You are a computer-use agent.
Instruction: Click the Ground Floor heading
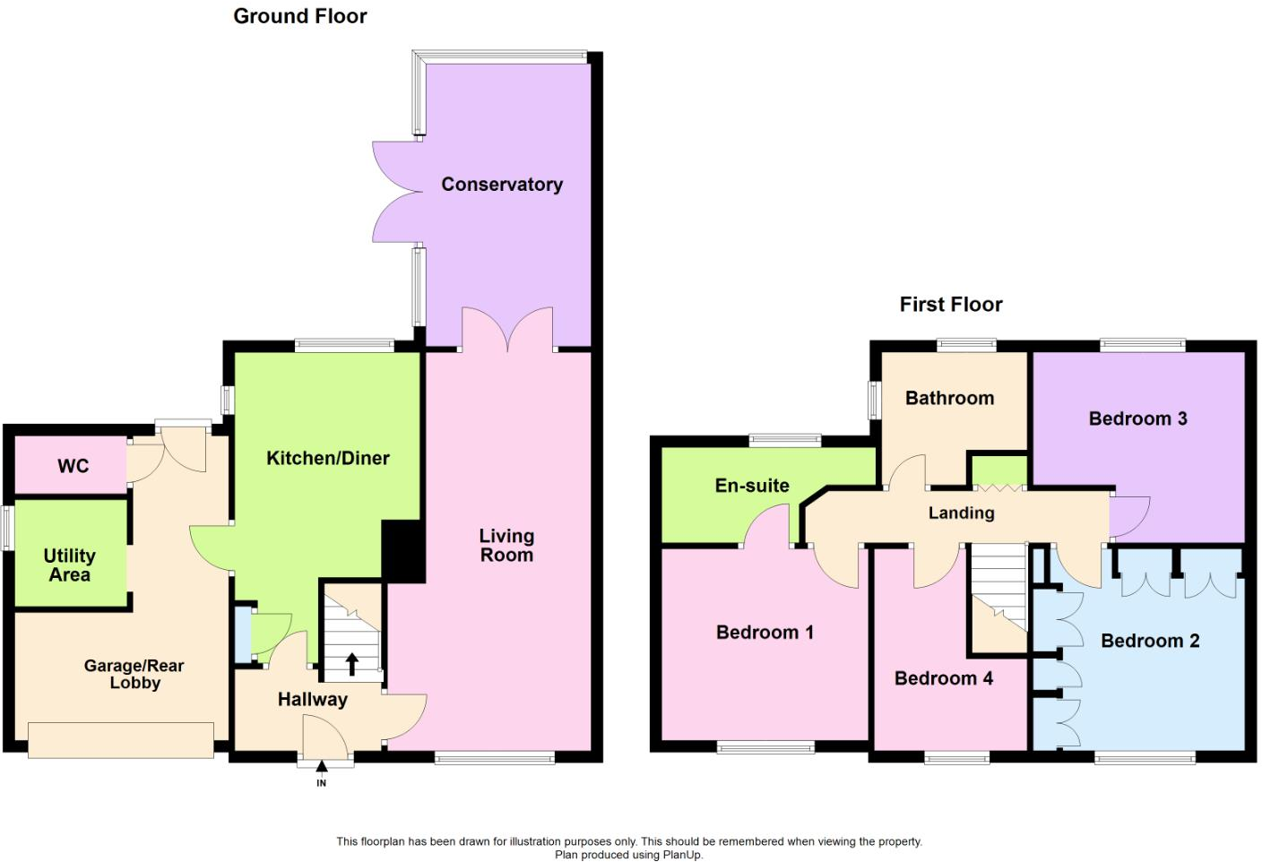[x=299, y=16]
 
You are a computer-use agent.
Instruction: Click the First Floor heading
[x=951, y=305]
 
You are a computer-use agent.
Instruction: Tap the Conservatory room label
[x=502, y=185]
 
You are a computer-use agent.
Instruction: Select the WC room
[x=71, y=465]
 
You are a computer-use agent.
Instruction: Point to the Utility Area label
[x=70, y=565]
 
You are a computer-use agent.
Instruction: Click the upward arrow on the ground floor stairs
[x=352, y=664]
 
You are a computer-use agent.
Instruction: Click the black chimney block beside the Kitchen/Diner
[x=402, y=551]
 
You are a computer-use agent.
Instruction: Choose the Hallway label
[x=313, y=700]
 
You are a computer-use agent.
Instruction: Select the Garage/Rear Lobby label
[x=134, y=674]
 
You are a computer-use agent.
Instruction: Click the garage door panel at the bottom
[x=121, y=740]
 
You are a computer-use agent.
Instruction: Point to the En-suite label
[x=752, y=485]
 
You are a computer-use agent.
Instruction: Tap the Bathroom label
[x=950, y=398]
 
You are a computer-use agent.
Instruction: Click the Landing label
[x=961, y=513]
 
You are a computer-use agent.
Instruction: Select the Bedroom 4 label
[x=944, y=677]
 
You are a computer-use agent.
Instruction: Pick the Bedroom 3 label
[x=1138, y=418]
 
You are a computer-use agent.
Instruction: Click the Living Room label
[x=506, y=545]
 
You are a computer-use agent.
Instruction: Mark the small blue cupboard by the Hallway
[x=244, y=635]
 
